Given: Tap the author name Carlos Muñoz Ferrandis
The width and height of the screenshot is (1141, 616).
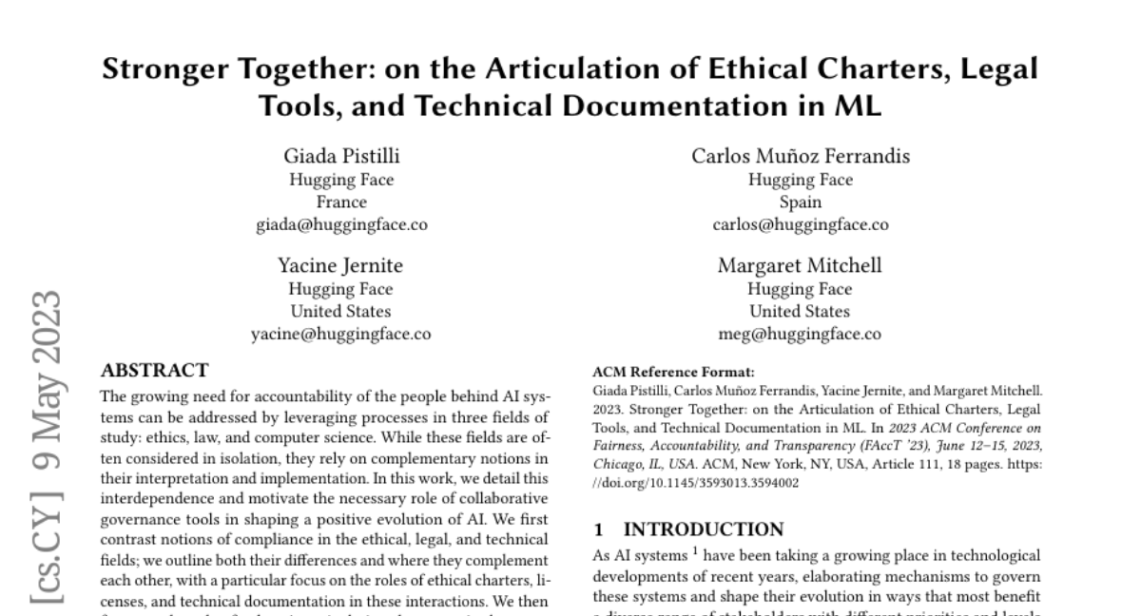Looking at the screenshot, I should tap(800, 157).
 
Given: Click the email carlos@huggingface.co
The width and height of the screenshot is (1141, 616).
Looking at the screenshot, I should tap(800, 225).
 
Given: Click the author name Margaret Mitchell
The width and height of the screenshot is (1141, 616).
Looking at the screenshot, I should tap(800, 266).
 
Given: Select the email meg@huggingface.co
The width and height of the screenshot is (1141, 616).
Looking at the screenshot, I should tap(800, 335).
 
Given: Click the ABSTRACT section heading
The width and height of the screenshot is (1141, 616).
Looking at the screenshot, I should tap(154, 370).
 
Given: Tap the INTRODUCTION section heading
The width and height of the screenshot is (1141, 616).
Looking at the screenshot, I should tap(704, 529).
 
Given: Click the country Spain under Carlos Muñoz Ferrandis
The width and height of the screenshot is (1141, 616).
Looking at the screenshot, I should tap(800, 202).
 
